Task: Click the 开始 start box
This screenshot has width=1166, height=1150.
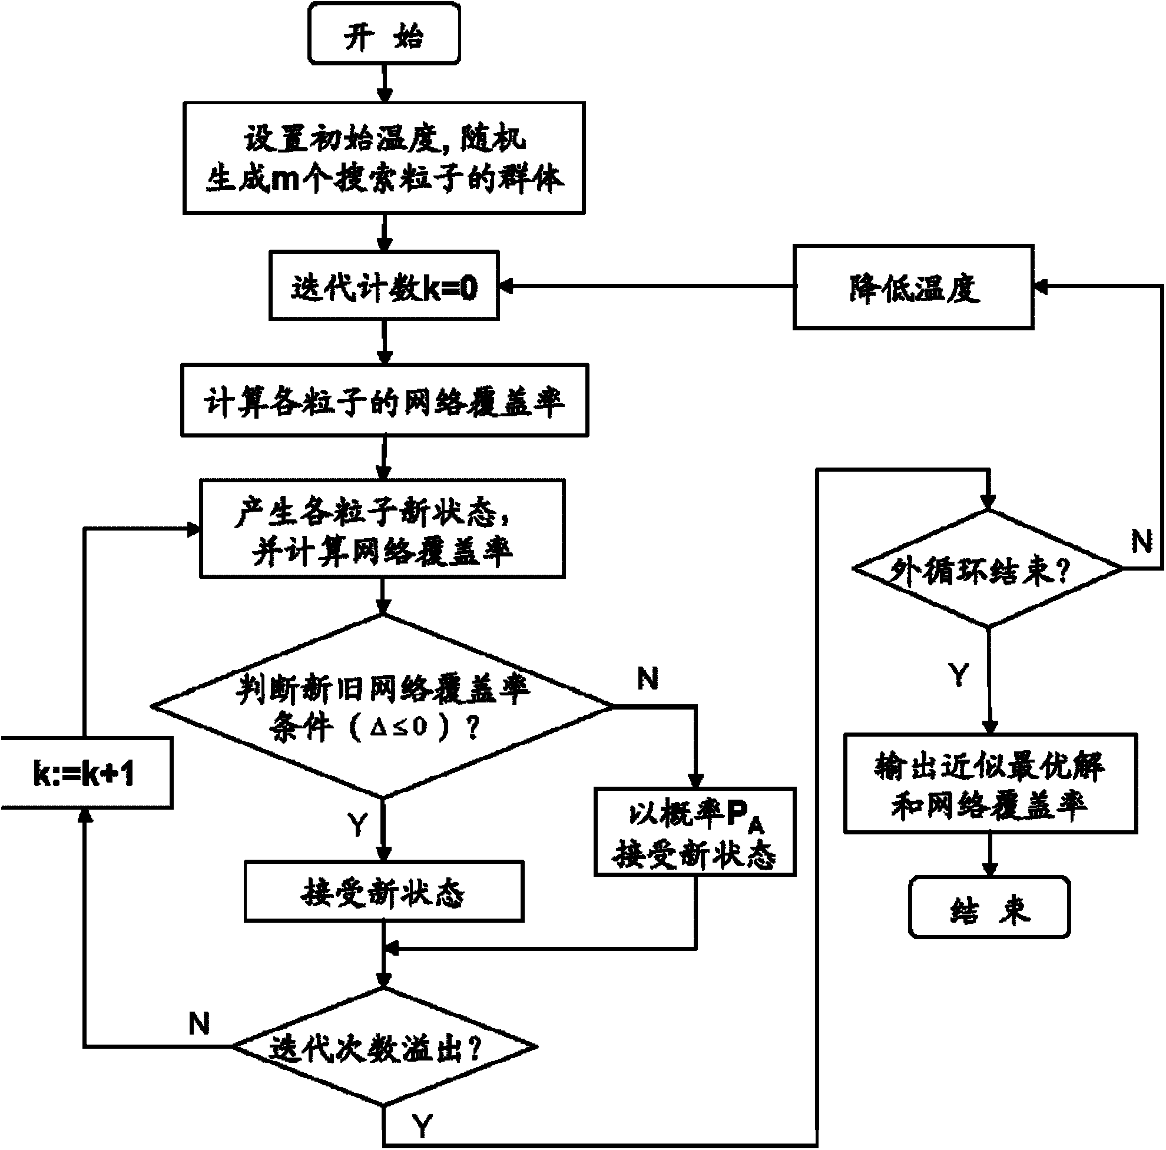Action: (384, 34)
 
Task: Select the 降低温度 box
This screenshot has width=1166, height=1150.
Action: (913, 288)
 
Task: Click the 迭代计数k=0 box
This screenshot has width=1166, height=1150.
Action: (384, 286)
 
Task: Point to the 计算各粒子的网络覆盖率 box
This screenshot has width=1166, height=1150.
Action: (384, 400)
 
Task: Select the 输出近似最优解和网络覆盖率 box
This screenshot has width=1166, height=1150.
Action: (990, 784)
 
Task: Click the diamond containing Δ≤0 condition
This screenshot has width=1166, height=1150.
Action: (383, 706)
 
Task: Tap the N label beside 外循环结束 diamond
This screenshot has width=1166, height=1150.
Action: (1141, 541)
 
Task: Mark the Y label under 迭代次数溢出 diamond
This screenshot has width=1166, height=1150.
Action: (423, 1125)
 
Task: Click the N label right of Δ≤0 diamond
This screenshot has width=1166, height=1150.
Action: (648, 680)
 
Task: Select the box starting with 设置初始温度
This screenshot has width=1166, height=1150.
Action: (384, 158)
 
